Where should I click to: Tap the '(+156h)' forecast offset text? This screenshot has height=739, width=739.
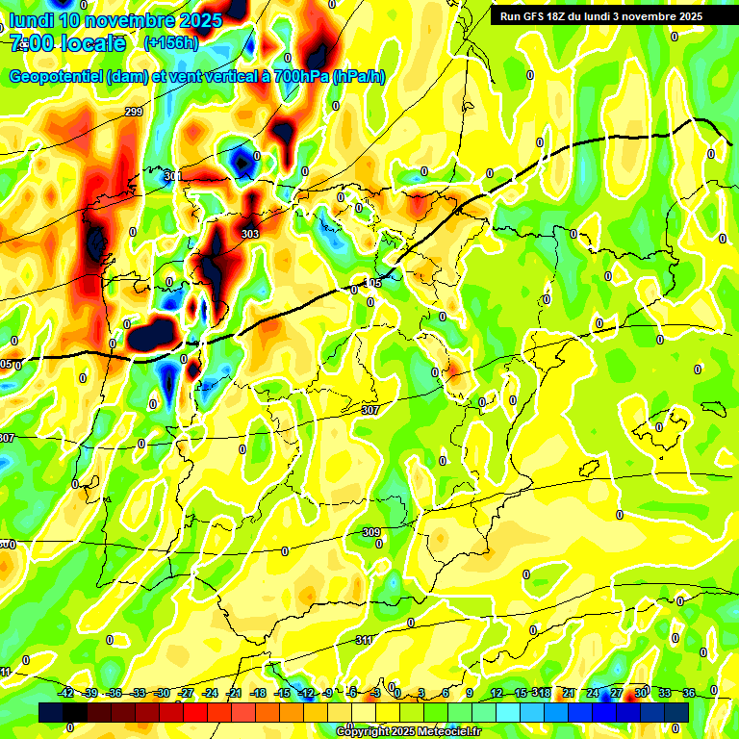pos(170,42)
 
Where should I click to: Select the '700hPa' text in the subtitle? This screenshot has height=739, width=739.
pos(300,77)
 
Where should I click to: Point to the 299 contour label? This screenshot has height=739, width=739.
pos(134,114)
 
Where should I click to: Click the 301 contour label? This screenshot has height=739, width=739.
pos(172,176)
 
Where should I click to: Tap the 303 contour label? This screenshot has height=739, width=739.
pos(250,234)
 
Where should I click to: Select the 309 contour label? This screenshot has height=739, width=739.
pos(371,532)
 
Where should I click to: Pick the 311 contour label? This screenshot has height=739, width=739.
pos(364,640)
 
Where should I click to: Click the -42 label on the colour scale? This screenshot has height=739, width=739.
pos(66,693)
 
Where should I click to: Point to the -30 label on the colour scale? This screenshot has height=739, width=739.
pos(163,693)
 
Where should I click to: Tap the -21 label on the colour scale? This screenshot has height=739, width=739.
pos(235,693)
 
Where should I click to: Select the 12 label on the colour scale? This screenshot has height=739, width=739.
pos(497,693)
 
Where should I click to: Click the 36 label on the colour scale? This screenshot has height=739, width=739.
pos(688,693)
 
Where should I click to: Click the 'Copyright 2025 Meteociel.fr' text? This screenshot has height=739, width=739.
pos(408,732)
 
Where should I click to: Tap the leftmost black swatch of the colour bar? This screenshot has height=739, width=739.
pos(51,712)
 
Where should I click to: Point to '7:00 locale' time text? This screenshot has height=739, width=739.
pos(68,43)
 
